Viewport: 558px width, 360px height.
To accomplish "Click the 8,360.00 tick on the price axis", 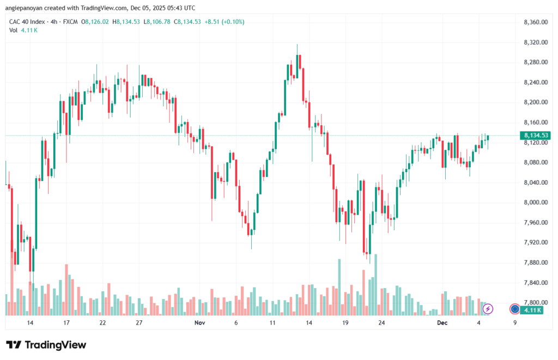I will click(x=535, y=22).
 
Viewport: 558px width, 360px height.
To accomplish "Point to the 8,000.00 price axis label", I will click(x=535, y=203).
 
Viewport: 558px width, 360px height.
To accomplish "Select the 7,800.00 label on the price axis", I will click(x=535, y=303).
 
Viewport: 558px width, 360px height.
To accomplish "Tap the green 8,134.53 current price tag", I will click(x=535, y=135).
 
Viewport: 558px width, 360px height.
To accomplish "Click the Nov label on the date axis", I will click(x=199, y=323).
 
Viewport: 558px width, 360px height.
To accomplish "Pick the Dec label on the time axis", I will click(x=442, y=323).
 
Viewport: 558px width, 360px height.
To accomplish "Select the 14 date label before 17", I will click(x=30, y=323).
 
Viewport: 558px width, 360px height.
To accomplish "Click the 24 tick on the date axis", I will click(x=382, y=323).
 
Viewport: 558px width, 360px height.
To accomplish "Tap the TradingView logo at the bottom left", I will click(x=46, y=345).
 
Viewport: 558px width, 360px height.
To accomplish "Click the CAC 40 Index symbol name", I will click(x=28, y=22).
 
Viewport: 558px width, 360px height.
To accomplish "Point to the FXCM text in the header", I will click(x=70, y=22).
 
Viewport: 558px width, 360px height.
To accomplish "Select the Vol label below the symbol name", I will click(x=13, y=30).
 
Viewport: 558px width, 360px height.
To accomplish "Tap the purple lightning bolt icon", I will click(x=488, y=309).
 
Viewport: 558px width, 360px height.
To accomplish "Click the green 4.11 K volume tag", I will click(x=531, y=309).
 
